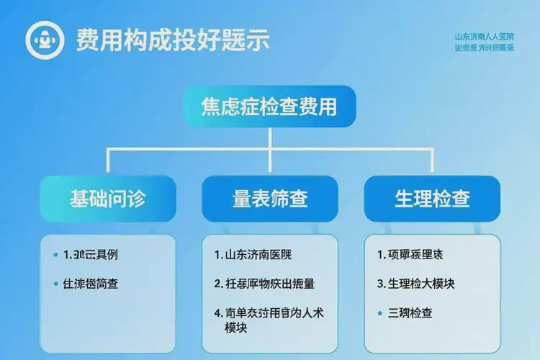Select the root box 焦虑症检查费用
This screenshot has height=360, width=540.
pyautogui.click(x=269, y=107)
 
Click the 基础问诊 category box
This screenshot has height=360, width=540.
pyautogui.click(x=108, y=199)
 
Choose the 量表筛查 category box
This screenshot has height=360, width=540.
pyautogui.click(x=270, y=199)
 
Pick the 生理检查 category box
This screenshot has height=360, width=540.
pyautogui.click(x=432, y=199)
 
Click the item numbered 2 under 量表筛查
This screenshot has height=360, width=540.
pyautogui.click(x=264, y=283)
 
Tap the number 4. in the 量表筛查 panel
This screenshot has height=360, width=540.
pyautogui.click(x=218, y=313)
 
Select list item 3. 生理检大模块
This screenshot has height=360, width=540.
pyautogui.click(x=415, y=283)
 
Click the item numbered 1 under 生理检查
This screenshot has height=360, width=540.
pyautogui.click(x=410, y=254)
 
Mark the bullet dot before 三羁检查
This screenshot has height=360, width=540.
pyautogui.click(x=381, y=313)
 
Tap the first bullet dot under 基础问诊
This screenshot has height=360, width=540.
pyautogui.click(x=56, y=255)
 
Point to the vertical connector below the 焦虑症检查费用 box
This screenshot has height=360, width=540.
pyautogui.click(x=269, y=138)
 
